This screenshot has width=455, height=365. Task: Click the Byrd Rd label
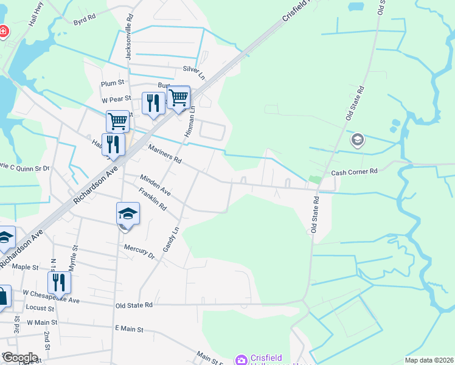85,20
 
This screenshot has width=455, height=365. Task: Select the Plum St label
113,83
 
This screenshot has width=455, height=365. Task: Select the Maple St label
25,267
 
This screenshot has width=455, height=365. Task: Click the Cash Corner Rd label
354,172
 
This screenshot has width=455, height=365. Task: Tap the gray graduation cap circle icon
358,141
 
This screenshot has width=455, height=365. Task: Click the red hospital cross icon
3,31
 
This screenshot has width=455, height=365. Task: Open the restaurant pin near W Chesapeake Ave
59,282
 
